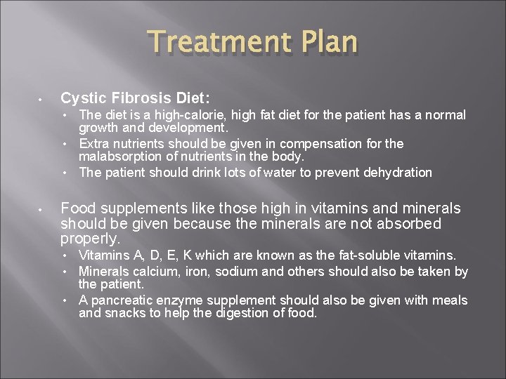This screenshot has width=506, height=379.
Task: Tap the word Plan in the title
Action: [x=328, y=42]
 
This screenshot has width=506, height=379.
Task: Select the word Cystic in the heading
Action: [x=82, y=98]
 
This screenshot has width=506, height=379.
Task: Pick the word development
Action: [x=188, y=128]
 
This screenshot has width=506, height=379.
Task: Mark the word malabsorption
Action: [x=119, y=157]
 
